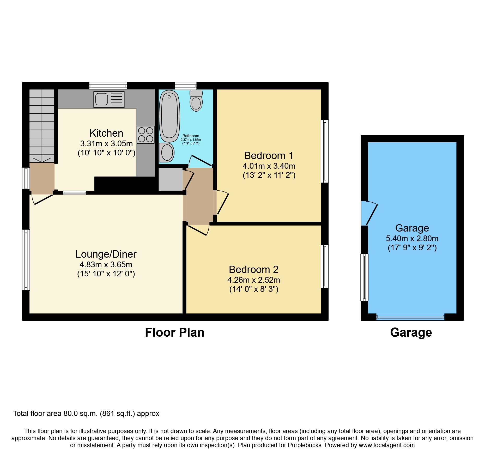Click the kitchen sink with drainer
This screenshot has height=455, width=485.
click(x=109, y=99)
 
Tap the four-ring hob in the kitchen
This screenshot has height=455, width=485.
click(x=145, y=135)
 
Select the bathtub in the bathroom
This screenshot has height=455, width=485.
click(x=169, y=116)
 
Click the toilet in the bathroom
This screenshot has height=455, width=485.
click(x=196, y=101)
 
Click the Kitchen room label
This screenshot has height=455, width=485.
click(x=106, y=133)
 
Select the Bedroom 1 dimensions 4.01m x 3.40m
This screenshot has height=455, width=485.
click(x=269, y=166)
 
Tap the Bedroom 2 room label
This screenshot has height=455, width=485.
click(x=253, y=269)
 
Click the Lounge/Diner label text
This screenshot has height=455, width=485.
click(x=106, y=254)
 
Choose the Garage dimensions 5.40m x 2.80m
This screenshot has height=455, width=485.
click(x=412, y=238)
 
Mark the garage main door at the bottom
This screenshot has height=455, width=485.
click(x=410, y=317)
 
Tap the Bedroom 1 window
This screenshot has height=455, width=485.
click(x=325, y=151)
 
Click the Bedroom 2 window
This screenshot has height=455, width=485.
click(x=325, y=266)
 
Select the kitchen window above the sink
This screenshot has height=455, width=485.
click(x=108, y=86)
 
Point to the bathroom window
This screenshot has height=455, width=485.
click(x=186, y=86)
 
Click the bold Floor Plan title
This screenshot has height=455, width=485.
click(x=174, y=333)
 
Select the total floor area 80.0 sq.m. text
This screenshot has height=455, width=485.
click(x=86, y=414)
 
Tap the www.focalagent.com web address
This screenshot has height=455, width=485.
click(x=386, y=445)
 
